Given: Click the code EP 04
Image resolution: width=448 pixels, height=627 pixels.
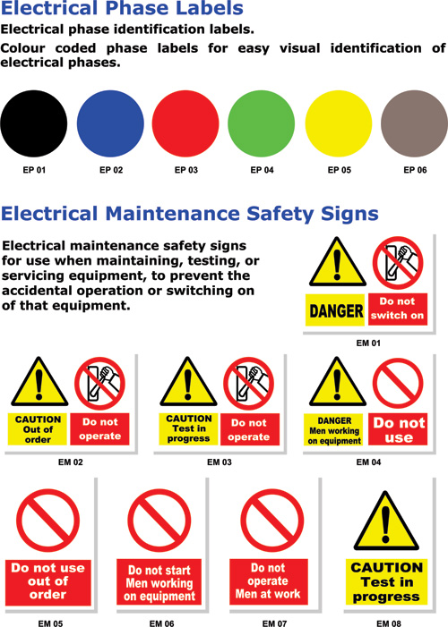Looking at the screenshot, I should tap(263, 169).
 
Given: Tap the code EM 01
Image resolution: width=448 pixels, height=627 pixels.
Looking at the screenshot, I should tap(368, 343).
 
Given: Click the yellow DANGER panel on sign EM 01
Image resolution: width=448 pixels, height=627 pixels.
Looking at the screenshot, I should tap(336, 310).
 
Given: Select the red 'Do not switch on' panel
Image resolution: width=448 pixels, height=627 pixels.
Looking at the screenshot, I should tap(397, 309).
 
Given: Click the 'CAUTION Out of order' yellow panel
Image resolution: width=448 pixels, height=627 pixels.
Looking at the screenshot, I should tap(38, 429).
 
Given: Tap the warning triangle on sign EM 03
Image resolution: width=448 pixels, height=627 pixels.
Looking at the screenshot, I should tap(188, 384).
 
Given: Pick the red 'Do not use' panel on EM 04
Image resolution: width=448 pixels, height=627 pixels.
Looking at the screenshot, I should tap(398, 429).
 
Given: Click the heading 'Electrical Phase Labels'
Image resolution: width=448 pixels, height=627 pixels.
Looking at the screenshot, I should tap(122, 10).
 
